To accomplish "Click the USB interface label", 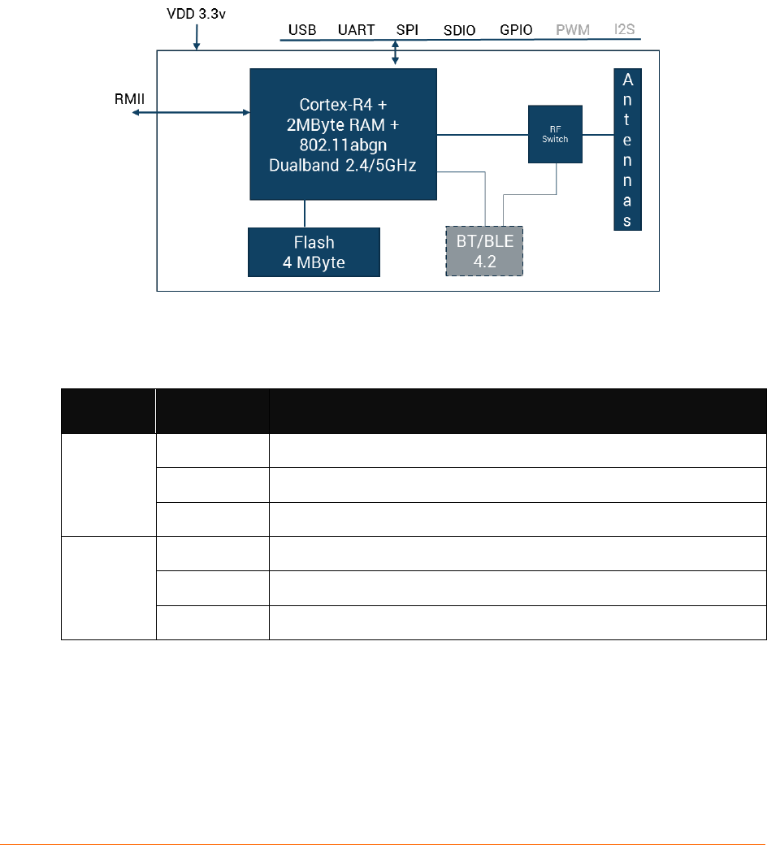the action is [x=302, y=30].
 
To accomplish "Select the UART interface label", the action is [x=356, y=30].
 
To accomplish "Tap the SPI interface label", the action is [x=407, y=30].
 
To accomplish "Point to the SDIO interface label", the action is [x=460, y=31].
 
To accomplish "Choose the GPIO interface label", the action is [x=516, y=30].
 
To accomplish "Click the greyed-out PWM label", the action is [x=572, y=30].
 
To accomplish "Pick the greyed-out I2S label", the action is [x=625, y=30].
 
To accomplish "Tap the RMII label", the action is [x=129, y=98].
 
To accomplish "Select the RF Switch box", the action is [x=555, y=135].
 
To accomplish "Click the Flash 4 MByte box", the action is [x=314, y=253].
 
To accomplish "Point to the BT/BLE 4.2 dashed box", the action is [x=484, y=251].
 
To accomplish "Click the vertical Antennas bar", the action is [x=627, y=149].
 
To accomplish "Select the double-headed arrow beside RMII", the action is [x=190, y=113].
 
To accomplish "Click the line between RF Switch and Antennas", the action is [x=598, y=135].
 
